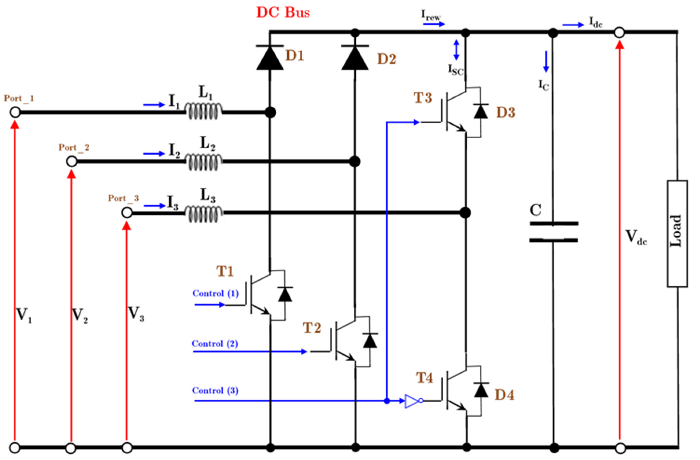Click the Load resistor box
[x=677, y=234]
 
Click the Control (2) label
[x=215, y=344]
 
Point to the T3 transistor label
[x=423, y=98]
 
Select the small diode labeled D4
[x=481, y=390]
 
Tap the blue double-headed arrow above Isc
[x=456, y=50]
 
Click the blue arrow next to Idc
[x=573, y=25]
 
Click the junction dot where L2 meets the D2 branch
[x=355, y=162]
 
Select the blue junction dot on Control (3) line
[x=387, y=401]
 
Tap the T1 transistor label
[x=225, y=271]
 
